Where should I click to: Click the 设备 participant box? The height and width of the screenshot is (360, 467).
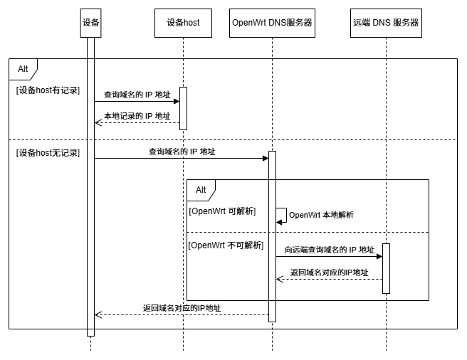pyautogui.click(x=90, y=23)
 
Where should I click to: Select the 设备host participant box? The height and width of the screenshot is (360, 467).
pyautogui.click(x=183, y=23)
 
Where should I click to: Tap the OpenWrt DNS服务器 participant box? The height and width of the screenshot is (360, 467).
pyautogui.click(x=272, y=23)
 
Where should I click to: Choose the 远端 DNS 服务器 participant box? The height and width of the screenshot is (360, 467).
pyautogui.click(x=386, y=23)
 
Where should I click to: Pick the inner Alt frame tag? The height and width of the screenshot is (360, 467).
pyautogui.click(x=201, y=189)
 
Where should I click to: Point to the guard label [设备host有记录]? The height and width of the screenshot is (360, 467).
pyautogui.click(x=48, y=90)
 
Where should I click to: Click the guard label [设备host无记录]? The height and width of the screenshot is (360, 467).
pyautogui.click(x=48, y=152)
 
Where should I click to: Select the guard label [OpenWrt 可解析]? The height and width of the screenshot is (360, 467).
pyautogui.click(x=222, y=211)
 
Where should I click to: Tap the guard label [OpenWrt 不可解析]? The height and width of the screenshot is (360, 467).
pyautogui.click(x=224, y=245)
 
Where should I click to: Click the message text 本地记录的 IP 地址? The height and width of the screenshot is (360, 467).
pyautogui.click(x=137, y=116)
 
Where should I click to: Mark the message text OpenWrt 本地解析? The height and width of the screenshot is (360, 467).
pyautogui.click(x=321, y=215)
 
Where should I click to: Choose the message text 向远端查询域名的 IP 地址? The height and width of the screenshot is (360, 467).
pyautogui.click(x=329, y=250)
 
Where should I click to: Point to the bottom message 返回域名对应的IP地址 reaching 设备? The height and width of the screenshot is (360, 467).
pyautogui.click(x=182, y=308)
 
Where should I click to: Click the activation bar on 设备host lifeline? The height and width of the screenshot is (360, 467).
pyautogui.click(x=183, y=108)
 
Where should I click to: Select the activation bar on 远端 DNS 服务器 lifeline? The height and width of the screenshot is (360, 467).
pyautogui.click(x=386, y=268)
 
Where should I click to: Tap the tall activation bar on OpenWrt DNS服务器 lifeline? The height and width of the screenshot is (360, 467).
pyautogui.click(x=272, y=235)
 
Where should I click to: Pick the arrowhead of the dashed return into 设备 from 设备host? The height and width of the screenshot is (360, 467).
pyautogui.click(x=98, y=122)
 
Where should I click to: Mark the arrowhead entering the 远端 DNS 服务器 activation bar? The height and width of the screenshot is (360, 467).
pyautogui.click(x=379, y=256)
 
